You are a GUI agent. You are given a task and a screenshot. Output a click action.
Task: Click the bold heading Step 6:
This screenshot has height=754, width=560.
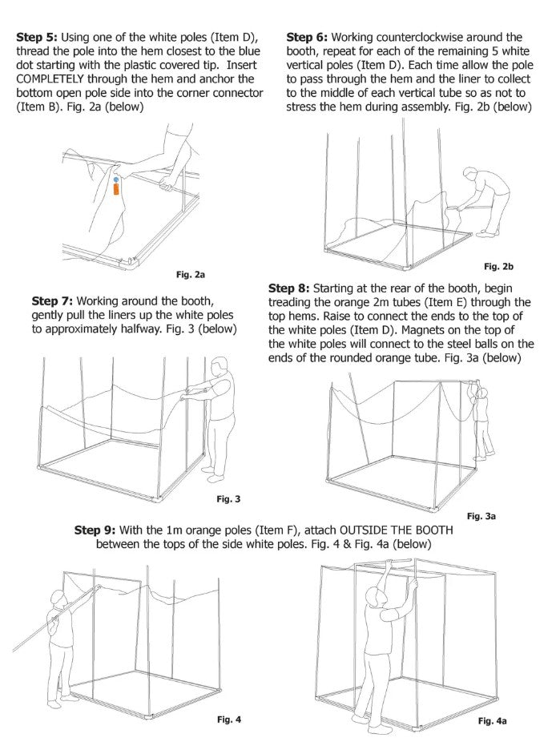305,38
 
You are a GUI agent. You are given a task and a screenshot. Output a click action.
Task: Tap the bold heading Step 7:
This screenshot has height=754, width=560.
51,301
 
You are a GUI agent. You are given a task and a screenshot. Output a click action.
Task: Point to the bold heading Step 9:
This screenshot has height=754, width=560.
95,530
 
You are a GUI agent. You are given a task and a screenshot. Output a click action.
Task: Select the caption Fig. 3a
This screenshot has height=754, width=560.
481,517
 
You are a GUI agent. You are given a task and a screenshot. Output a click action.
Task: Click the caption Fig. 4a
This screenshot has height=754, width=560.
492,721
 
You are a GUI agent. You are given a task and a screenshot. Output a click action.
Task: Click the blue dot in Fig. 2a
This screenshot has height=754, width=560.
116,179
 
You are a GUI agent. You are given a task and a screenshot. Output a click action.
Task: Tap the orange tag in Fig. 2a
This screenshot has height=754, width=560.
116,190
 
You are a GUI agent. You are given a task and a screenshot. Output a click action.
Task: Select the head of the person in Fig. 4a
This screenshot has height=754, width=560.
372,595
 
